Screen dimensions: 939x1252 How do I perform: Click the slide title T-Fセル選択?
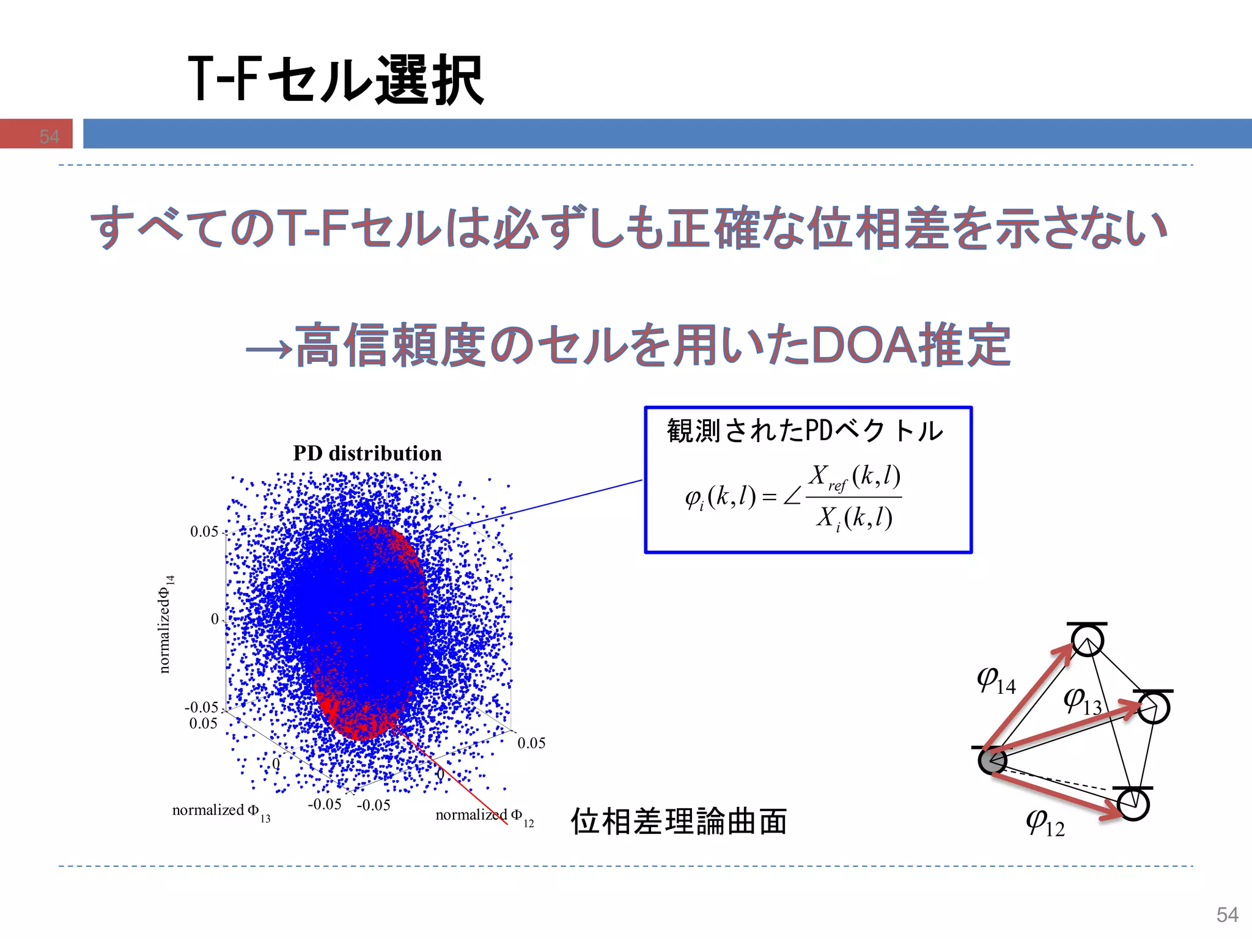click(336, 79)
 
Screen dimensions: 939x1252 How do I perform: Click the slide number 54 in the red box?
click(49, 136)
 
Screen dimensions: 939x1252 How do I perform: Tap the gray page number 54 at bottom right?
click(1227, 915)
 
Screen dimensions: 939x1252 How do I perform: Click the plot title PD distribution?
click(367, 454)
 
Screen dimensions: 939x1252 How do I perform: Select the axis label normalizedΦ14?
click(166, 624)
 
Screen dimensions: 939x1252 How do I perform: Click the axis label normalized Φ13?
click(221, 811)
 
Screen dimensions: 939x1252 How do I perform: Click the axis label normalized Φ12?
click(484, 816)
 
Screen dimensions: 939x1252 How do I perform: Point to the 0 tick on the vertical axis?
click(215, 619)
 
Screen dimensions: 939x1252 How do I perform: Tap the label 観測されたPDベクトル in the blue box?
click(805, 431)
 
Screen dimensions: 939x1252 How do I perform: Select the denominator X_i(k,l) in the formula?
click(854, 518)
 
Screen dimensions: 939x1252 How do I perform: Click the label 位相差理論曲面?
click(679, 821)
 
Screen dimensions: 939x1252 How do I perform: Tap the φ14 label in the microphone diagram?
click(996, 680)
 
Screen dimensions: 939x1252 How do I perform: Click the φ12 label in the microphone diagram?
click(1045, 823)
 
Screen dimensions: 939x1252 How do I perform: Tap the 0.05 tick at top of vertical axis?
click(204, 532)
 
